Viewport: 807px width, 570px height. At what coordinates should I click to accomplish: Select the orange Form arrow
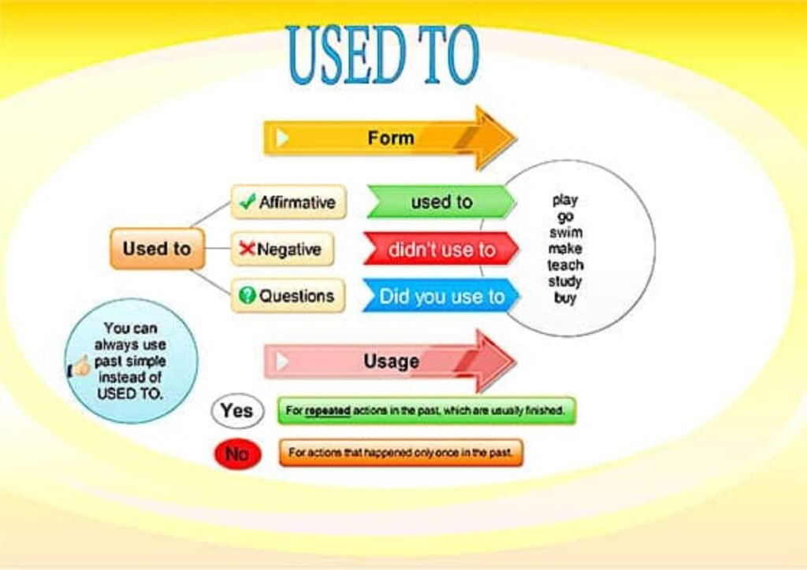(x=389, y=138)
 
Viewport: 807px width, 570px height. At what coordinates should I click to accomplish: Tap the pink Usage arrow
(x=389, y=361)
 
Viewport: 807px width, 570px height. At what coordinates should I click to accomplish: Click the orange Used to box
(x=157, y=249)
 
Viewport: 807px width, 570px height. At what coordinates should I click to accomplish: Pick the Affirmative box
(x=288, y=202)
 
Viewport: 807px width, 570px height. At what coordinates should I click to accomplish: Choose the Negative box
(x=282, y=250)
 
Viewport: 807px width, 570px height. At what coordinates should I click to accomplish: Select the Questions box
(x=288, y=296)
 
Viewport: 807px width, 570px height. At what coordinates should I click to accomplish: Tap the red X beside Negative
(x=247, y=250)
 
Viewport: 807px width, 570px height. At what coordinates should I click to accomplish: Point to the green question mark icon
(x=247, y=296)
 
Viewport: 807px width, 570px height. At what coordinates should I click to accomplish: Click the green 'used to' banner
(x=440, y=202)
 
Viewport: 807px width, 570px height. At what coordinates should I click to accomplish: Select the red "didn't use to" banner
(x=441, y=250)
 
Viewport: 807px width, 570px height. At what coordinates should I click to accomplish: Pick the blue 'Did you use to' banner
(x=441, y=296)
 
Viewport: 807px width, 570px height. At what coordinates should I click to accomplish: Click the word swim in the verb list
(x=565, y=233)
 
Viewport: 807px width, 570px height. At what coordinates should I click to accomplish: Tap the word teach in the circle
(x=565, y=265)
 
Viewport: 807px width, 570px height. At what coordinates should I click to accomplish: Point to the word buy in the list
(x=565, y=298)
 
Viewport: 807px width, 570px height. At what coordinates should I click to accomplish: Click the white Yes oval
(x=236, y=410)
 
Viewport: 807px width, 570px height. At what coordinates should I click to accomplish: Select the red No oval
(x=236, y=454)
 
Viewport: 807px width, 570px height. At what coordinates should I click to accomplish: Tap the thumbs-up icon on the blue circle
(x=80, y=366)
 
